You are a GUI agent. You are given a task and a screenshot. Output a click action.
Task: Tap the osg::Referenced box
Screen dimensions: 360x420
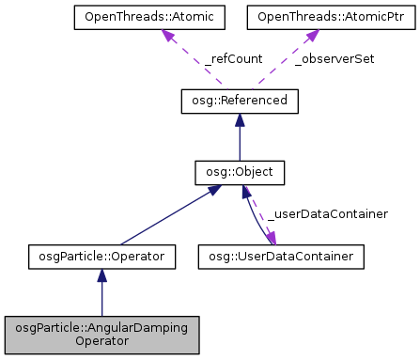point(239,100)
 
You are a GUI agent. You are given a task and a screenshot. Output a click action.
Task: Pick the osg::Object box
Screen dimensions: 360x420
point(239,174)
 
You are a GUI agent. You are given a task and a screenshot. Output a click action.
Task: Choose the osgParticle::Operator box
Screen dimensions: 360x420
point(102,255)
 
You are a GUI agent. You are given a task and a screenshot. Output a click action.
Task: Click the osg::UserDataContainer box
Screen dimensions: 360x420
point(281,255)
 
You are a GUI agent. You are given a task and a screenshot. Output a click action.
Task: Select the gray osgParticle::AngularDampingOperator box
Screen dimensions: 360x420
point(102,335)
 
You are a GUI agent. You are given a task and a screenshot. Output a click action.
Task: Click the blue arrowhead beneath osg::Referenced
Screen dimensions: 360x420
point(239,119)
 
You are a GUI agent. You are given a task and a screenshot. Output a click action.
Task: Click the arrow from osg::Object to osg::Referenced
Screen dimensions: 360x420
point(239,141)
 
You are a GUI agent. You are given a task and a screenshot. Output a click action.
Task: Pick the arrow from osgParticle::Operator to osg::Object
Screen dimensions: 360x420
point(169,215)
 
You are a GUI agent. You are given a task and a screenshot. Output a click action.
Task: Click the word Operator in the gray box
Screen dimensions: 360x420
point(102,342)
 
